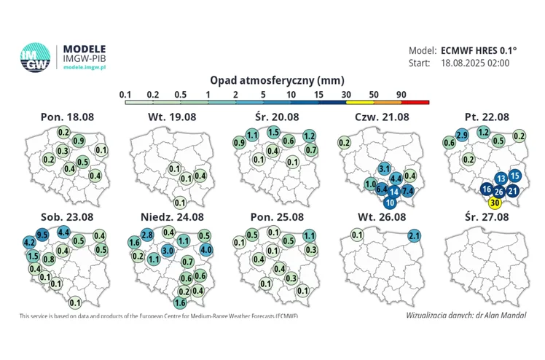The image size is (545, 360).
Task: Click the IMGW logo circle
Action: coord(34,58)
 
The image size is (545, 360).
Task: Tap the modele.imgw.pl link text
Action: coord(86,66)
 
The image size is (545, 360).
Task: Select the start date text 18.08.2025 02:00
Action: coord(475,63)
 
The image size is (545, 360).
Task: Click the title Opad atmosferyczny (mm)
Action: coord(277,79)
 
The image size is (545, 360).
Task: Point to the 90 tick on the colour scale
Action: coord(401,94)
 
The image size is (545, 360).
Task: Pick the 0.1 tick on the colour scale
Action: coord(125,94)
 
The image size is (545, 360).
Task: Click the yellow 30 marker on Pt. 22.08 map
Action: coord(495,203)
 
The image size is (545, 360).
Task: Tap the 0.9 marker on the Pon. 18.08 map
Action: coord(79,141)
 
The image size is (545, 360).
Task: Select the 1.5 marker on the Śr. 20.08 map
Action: coord(273,132)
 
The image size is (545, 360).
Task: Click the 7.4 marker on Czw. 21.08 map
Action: coord(407,191)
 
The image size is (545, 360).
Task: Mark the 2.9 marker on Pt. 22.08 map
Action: coord(461,135)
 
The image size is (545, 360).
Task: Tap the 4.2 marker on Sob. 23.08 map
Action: coord(31,241)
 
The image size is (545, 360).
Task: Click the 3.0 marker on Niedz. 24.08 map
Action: coord(168,250)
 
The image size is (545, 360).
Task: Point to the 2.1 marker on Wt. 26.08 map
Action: coord(415,235)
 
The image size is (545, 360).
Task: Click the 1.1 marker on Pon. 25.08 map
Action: coord(309,235)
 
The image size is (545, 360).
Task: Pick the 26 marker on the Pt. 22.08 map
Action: coord(498,192)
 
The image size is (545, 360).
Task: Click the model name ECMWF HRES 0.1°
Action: coord(479,50)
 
